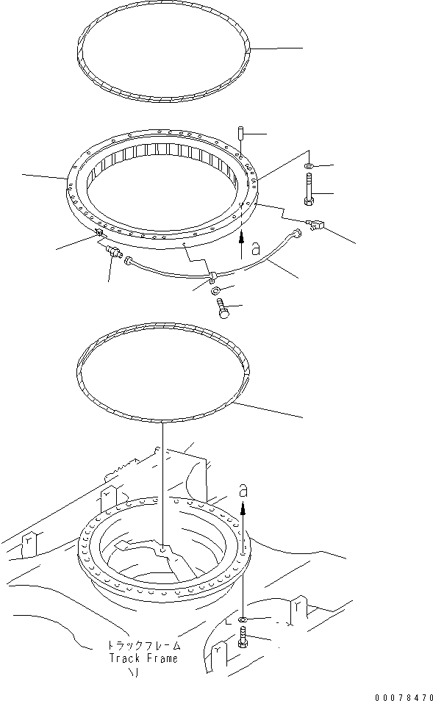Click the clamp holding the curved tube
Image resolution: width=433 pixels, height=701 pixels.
pyautogui.click(x=212, y=277)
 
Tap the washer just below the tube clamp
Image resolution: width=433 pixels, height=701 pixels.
pyautogui.click(x=218, y=293)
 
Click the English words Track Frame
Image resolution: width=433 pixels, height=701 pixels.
pyautogui.click(x=143, y=658)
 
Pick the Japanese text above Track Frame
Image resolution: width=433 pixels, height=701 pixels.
pyautogui.click(x=143, y=645)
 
